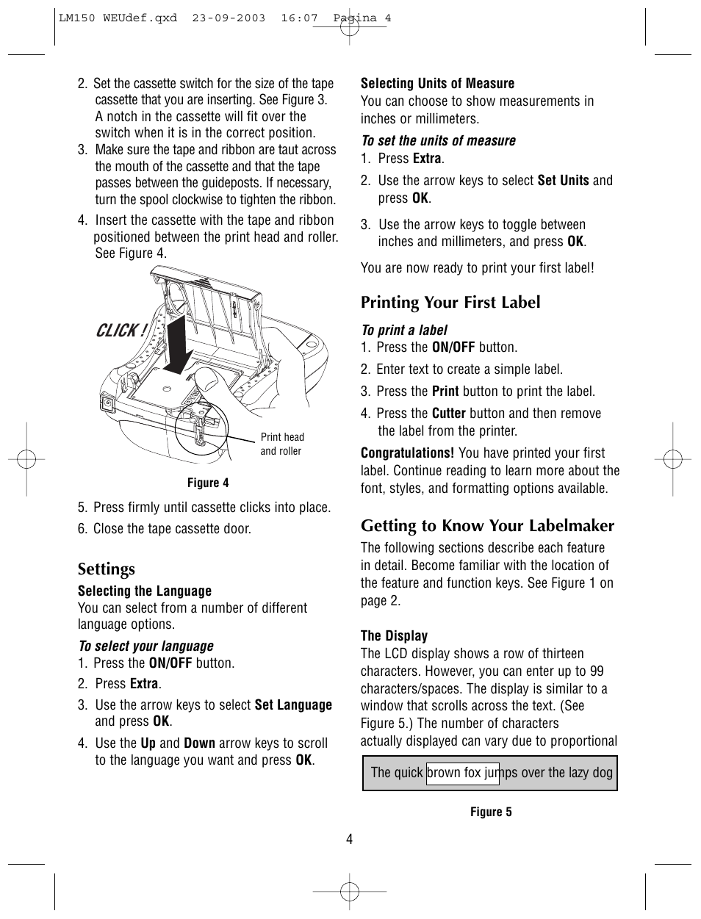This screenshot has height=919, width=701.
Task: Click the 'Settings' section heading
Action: [x=107, y=569]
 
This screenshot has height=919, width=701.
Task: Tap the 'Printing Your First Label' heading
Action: [x=450, y=303]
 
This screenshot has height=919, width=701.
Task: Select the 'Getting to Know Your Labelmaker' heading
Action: [x=487, y=526]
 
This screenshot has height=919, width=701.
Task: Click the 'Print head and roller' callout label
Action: [x=281, y=444]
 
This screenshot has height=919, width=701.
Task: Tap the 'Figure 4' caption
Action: [x=208, y=483]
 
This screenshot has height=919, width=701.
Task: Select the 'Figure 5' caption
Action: [x=491, y=812]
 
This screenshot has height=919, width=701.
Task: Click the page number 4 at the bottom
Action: [x=350, y=839]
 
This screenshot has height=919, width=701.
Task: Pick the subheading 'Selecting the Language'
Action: [x=145, y=591]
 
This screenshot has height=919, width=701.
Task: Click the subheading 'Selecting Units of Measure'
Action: [x=437, y=84]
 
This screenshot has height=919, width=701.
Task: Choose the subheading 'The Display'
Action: [x=394, y=636]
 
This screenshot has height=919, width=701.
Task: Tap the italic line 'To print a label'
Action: [x=404, y=331]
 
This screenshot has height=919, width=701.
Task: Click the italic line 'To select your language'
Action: [x=145, y=646]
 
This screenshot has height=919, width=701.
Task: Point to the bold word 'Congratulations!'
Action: [x=407, y=453]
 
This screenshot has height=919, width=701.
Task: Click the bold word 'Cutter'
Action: [x=448, y=414]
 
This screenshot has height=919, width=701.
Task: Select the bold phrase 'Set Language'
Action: [x=293, y=705]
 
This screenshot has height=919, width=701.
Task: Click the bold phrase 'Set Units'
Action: [x=563, y=181]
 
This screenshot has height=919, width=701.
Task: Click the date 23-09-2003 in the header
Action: [x=229, y=18]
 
